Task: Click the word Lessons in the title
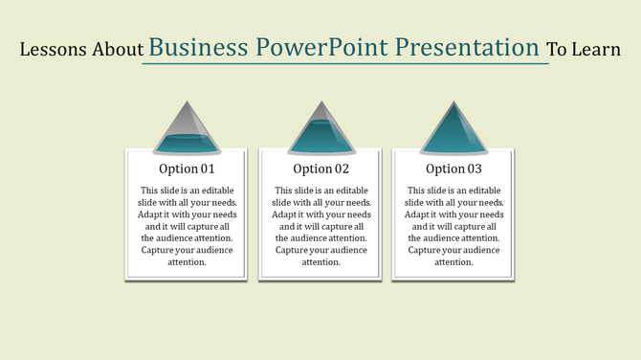(54, 49)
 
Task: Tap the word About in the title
(118, 49)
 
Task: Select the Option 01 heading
(187, 169)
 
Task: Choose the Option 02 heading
(320, 169)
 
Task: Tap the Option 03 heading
(453, 169)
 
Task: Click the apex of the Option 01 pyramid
(187, 102)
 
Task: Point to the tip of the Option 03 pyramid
(453, 102)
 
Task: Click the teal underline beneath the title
(344, 64)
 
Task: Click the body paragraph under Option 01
(187, 226)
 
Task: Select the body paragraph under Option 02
(320, 226)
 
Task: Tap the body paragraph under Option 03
(453, 226)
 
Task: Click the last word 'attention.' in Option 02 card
(320, 261)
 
